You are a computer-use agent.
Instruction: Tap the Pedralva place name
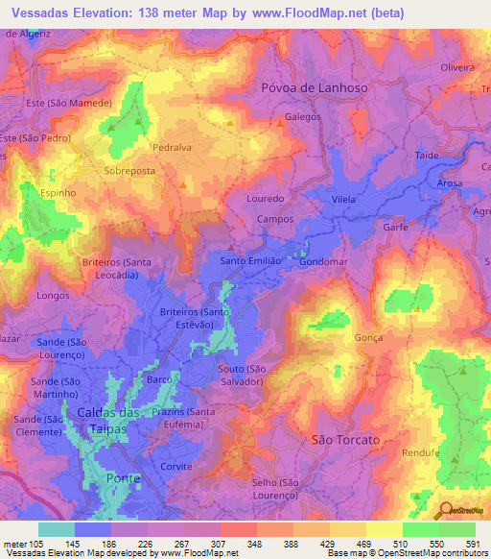(x=173, y=149)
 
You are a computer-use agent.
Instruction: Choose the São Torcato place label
(x=346, y=439)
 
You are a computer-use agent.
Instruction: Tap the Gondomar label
(x=324, y=261)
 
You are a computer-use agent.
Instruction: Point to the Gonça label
(x=367, y=338)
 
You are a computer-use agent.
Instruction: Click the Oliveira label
(x=457, y=67)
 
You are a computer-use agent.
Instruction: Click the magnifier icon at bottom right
(x=447, y=510)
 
